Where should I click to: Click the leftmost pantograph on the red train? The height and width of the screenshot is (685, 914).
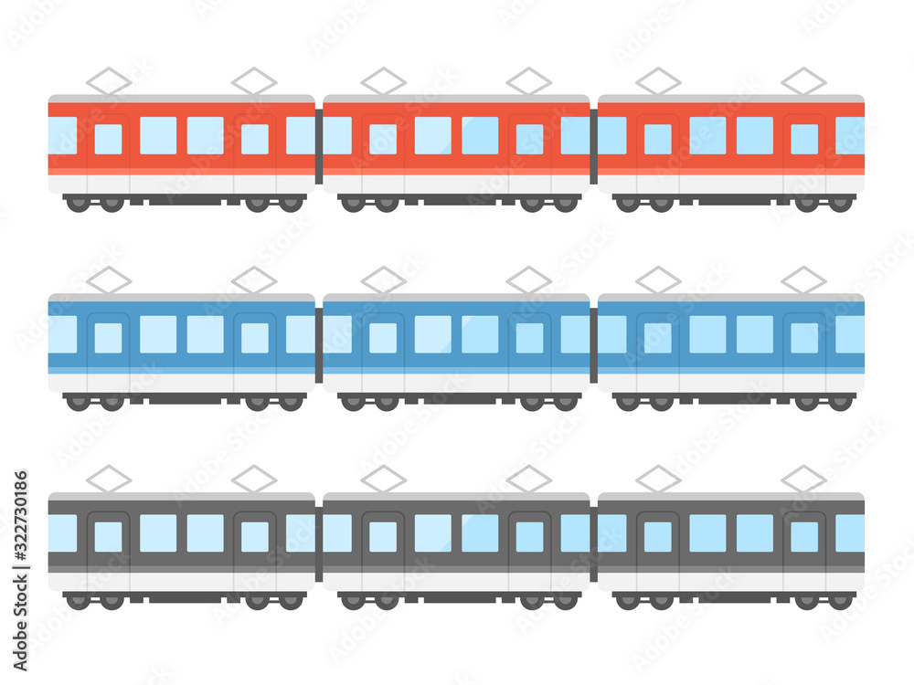coord(109,80)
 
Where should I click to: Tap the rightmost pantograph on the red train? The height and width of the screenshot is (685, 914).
coord(803,80)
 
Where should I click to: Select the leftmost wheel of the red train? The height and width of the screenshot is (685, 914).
coord(78,204)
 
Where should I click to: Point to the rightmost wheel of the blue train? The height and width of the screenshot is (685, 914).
coord(840,402)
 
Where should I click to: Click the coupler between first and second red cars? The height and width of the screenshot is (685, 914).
coord(319,146)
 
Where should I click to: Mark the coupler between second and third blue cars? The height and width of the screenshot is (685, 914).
coord(593,344)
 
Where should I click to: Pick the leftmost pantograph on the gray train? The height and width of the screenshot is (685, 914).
coord(109,478)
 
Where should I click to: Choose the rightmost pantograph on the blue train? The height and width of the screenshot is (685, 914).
coord(803,279)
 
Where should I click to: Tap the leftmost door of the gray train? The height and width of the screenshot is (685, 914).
coord(109,542)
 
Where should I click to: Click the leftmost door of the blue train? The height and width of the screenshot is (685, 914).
coord(109,343)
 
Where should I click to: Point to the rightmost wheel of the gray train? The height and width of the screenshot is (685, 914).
coord(840,601)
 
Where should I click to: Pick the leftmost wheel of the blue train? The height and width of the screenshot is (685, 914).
coord(78,402)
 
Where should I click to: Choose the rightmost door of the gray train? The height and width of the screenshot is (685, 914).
coord(804,542)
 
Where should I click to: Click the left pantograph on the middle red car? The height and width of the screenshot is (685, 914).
coord(383,80)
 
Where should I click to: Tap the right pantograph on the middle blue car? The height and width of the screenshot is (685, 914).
coord(529,279)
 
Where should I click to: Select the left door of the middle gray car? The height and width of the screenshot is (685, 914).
coord(383,542)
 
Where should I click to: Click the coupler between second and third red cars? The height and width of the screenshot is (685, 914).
coord(593,146)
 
